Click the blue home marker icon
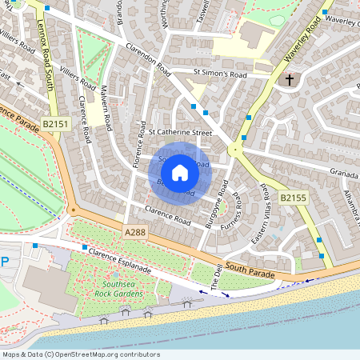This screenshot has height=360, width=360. tap(180, 172)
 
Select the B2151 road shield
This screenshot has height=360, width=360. tap(56, 124)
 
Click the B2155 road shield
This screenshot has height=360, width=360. tap(293, 198)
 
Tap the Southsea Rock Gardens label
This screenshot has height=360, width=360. tap(122, 289)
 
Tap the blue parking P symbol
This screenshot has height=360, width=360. tap(5, 262)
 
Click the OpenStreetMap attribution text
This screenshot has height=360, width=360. tap(81, 354)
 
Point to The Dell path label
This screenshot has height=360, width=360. tap(215, 277)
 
